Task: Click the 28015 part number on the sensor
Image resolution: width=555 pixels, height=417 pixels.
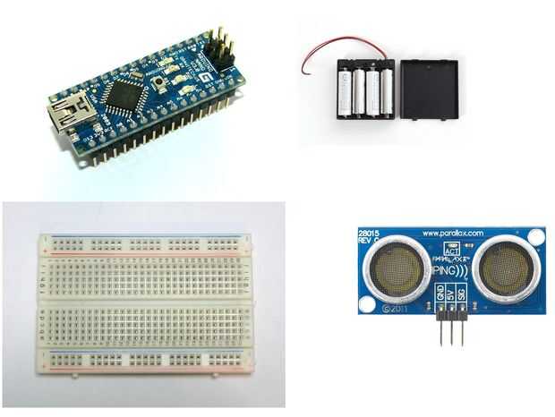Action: [x=371, y=232]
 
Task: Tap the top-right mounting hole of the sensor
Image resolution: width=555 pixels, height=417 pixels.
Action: [x=535, y=238]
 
